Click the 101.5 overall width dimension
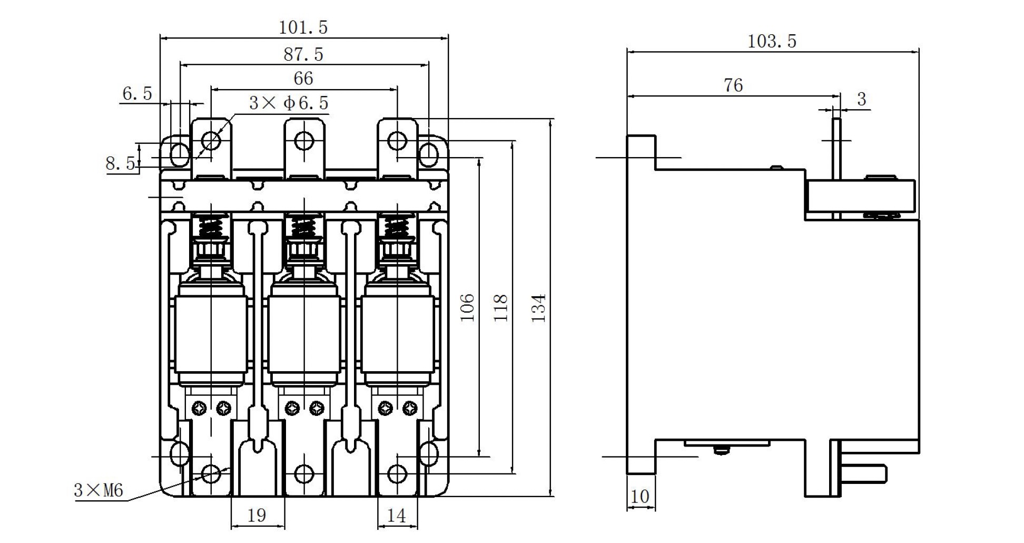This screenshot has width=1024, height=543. pos(303,27)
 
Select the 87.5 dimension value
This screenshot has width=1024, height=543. pos(303,54)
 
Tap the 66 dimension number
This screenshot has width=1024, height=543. pos(303,79)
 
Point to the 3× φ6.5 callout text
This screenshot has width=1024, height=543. pos(289,103)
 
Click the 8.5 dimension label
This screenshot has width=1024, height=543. pos(120,163)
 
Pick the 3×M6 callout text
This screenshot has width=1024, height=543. pos(99,491)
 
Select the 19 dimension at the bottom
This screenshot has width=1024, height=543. pos(257,515)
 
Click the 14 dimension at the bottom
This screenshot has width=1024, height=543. pos(396,515)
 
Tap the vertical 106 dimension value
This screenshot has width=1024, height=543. pos(467,308)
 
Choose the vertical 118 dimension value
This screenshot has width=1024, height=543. pos(500,308)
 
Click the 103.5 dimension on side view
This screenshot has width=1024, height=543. pos(772,41)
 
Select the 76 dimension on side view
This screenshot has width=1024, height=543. pos(733,85)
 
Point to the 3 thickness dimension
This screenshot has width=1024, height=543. pos(862,99)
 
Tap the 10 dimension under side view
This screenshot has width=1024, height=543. pos(639,496)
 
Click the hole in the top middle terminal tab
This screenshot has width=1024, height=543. pos(304,141)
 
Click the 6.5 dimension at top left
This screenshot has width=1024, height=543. pos(137,94)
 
